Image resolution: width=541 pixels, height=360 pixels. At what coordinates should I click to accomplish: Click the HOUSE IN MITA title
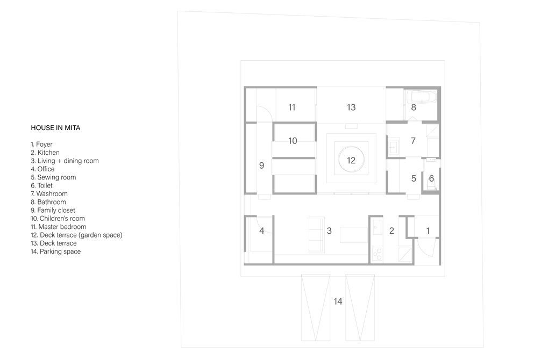(55, 128)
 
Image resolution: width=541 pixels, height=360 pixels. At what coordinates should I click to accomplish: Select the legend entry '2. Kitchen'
(45, 153)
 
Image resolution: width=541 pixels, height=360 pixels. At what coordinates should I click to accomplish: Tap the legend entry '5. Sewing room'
(53, 177)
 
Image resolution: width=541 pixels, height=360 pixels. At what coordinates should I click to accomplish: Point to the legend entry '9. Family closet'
(53, 210)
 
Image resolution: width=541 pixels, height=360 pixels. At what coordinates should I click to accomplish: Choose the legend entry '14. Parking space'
(56, 251)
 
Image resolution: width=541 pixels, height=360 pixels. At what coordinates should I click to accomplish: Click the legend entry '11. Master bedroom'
(59, 227)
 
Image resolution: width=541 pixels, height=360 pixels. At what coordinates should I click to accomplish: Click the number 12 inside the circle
(351, 160)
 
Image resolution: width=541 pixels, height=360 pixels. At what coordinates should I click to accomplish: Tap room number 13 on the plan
(351, 107)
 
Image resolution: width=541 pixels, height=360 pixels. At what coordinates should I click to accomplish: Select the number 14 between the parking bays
(338, 302)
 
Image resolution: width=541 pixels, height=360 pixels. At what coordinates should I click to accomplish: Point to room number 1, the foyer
(428, 231)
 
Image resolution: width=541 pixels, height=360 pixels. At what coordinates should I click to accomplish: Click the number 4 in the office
(261, 231)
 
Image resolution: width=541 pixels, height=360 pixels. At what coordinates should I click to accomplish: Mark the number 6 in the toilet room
(431, 178)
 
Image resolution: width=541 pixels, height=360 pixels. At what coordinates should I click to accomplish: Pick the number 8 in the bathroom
(414, 107)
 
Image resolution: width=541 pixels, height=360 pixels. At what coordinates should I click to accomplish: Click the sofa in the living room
(316, 235)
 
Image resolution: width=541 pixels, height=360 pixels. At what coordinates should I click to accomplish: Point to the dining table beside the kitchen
(354, 235)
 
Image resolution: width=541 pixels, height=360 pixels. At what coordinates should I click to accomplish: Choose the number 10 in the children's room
(293, 141)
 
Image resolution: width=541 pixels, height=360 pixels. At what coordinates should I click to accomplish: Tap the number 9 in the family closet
(261, 166)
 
